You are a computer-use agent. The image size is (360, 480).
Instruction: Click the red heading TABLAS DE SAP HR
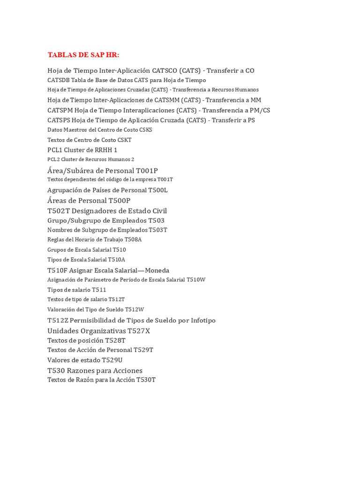[x=83, y=55]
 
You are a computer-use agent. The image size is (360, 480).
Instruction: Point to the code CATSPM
[x=60, y=110]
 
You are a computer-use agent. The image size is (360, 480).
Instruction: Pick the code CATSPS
[x=59, y=120]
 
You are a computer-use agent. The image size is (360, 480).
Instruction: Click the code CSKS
[x=146, y=130]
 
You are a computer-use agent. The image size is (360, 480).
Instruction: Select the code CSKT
[x=125, y=140]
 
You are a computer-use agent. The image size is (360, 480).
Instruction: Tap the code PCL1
[x=55, y=150]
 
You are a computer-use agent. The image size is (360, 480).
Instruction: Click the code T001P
[x=147, y=170]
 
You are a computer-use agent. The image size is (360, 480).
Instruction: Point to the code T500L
[x=157, y=190]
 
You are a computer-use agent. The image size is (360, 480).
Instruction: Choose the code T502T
[x=58, y=210]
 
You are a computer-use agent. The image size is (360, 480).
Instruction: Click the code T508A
[x=133, y=240]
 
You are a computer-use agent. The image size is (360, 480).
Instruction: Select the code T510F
[x=57, y=270]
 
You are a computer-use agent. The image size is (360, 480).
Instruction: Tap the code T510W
[x=196, y=279]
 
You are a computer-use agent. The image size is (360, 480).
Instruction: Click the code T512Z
[x=58, y=320]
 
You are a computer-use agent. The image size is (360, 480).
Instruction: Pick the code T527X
[x=139, y=330]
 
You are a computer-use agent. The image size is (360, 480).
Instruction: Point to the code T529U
[x=112, y=360]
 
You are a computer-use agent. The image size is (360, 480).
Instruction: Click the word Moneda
[x=157, y=270]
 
